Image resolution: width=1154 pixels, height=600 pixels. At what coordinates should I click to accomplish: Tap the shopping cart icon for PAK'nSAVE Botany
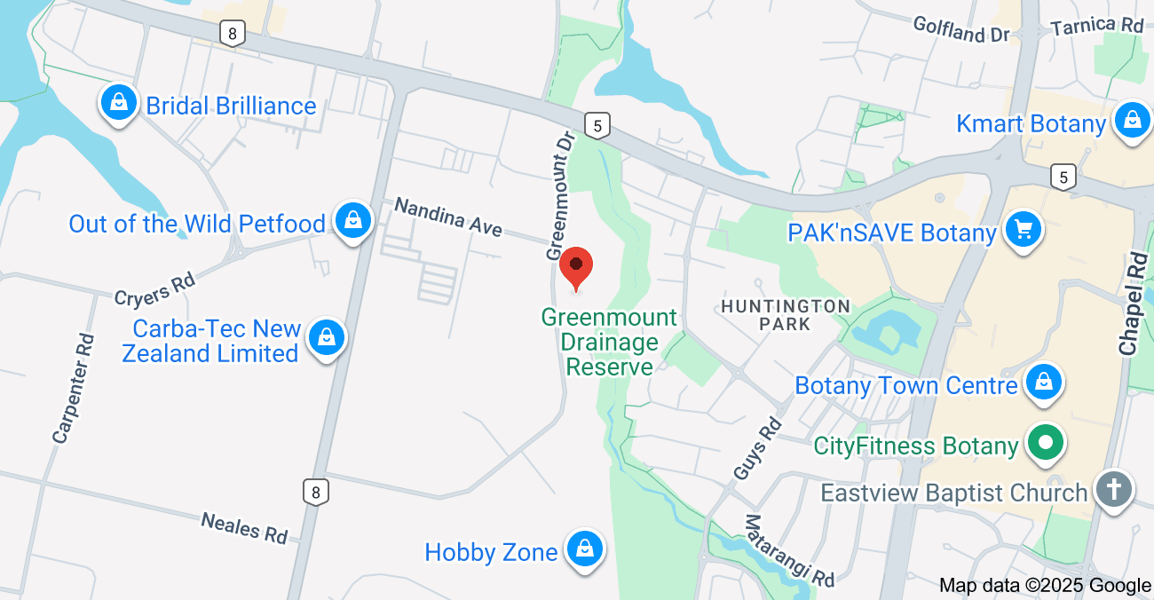point(1024,231)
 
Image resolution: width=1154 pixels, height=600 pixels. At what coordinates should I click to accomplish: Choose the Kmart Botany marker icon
point(1132,121)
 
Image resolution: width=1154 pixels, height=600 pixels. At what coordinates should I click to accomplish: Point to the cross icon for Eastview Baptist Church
point(1113,490)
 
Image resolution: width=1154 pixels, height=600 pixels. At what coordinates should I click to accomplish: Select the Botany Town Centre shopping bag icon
point(1044,383)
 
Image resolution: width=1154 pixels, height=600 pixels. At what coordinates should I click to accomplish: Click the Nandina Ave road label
point(448,217)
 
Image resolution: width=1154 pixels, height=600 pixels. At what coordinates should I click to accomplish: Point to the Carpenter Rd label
point(73,388)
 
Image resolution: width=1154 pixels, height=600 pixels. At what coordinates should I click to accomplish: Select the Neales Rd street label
point(244,527)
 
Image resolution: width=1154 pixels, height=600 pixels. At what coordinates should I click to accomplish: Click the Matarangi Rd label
point(790,550)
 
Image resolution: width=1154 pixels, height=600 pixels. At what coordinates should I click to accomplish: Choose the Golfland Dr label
point(961,29)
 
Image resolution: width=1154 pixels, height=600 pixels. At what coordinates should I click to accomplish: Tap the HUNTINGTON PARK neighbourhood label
point(785,314)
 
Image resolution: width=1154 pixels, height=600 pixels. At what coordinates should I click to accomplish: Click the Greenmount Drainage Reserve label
point(609,342)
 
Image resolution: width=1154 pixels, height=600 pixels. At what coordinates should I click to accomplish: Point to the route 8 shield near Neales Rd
point(314,492)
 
